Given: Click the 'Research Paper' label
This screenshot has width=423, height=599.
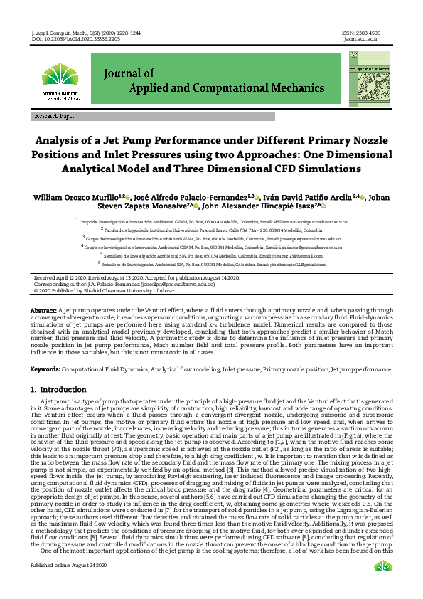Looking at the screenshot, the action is [53, 115].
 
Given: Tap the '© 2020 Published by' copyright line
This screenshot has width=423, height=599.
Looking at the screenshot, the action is [99, 290].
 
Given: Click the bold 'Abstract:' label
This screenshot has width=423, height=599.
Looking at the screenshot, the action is [43, 311].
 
